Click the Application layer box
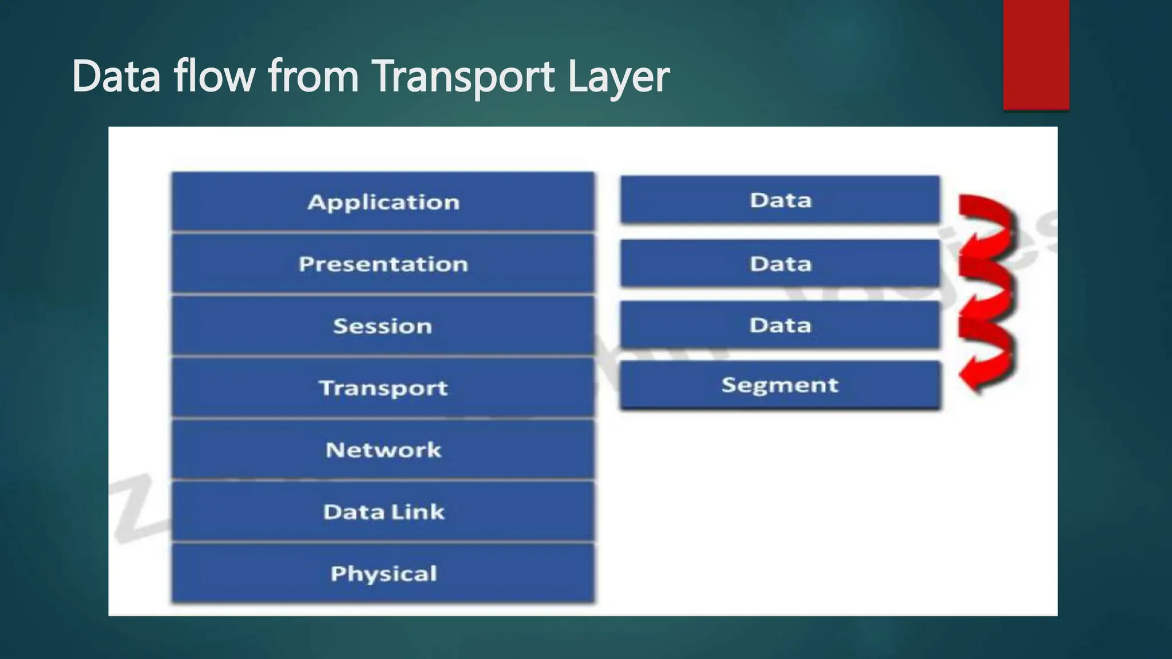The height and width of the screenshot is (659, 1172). click(383, 202)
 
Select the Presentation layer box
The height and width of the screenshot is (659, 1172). click(383, 264)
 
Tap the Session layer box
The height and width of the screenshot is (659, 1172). click(383, 326)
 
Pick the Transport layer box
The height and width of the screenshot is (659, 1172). click(383, 388)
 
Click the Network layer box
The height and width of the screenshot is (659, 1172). click(383, 450)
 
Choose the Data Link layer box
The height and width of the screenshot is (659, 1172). click(383, 512)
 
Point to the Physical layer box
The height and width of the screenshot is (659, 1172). click(383, 574)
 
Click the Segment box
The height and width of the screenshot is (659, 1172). click(780, 385)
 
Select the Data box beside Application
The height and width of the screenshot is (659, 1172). click(780, 200)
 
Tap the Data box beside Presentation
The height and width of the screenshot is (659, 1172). click(780, 264)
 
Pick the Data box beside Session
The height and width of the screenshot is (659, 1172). click(780, 325)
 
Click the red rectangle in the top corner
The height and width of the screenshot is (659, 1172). click(1036, 54)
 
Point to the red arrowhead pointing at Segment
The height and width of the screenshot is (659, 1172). click(970, 379)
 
